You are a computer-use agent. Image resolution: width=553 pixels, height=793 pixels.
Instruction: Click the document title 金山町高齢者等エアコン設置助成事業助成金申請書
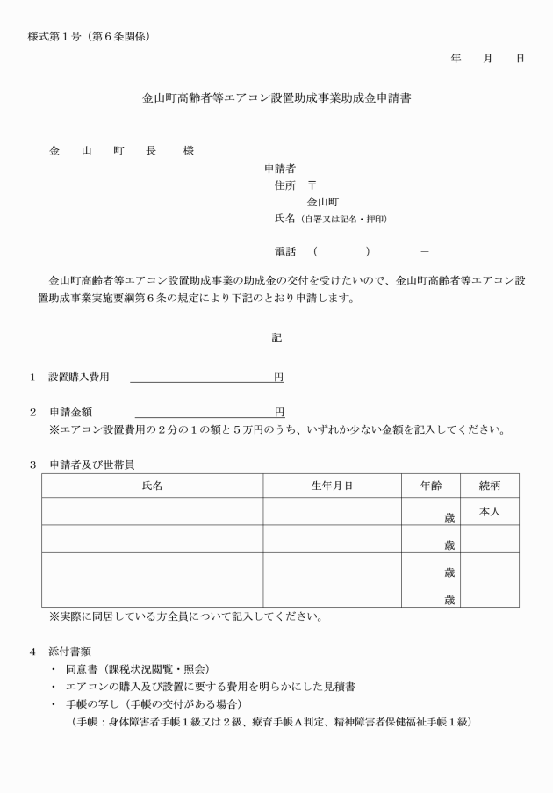(x=276, y=99)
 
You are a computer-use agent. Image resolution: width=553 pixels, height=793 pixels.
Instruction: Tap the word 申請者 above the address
(x=279, y=167)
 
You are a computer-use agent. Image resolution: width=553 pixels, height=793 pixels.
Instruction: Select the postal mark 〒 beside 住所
(x=312, y=184)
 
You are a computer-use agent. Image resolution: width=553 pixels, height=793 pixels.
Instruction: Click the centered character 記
(x=276, y=337)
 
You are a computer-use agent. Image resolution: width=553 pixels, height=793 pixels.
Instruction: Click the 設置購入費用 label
(x=79, y=377)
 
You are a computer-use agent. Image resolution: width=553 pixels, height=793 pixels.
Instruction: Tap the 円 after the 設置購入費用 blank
(x=278, y=377)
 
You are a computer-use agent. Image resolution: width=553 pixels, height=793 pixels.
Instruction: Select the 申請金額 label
(x=71, y=412)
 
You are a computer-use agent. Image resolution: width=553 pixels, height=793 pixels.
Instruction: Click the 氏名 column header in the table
(x=152, y=485)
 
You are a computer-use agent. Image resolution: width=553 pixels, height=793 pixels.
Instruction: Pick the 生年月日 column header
(x=332, y=485)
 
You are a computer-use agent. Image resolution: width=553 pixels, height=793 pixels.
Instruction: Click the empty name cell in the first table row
(x=152, y=511)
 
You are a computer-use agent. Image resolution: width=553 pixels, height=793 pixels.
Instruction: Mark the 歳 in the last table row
(x=449, y=600)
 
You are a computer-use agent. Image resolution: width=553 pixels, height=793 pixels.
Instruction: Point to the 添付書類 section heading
(x=73, y=652)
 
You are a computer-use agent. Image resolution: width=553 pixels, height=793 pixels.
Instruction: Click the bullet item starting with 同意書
(x=137, y=669)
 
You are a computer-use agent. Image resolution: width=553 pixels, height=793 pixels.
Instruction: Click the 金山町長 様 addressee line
(x=121, y=150)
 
